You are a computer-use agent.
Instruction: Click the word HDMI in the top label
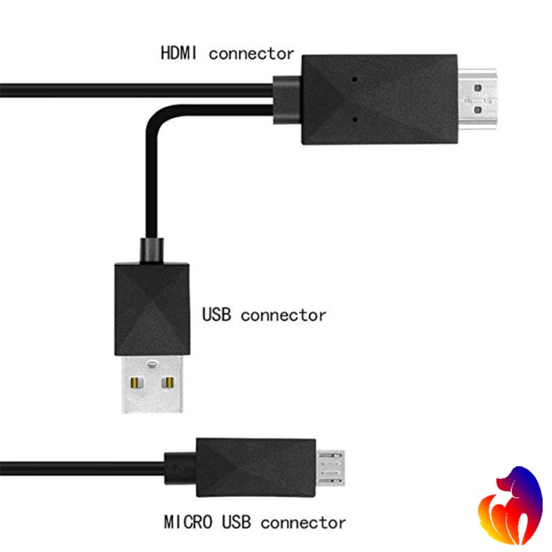pyautogui.click(x=180, y=53)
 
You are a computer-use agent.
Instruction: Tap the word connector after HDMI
pyautogui.click(x=251, y=53)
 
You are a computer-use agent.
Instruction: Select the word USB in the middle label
pyautogui.click(x=217, y=315)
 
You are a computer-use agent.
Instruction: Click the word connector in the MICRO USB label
pyautogui.click(x=301, y=521)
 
